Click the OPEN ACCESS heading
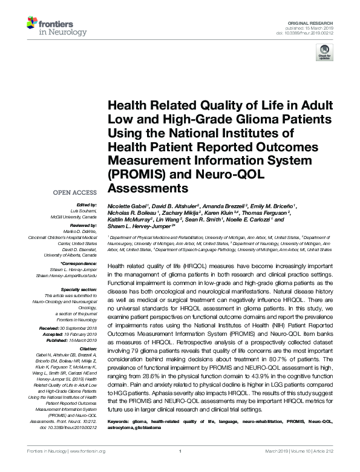pyautogui.click(x=75, y=193)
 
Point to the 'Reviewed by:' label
pyautogui.click(x=83, y=225)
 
